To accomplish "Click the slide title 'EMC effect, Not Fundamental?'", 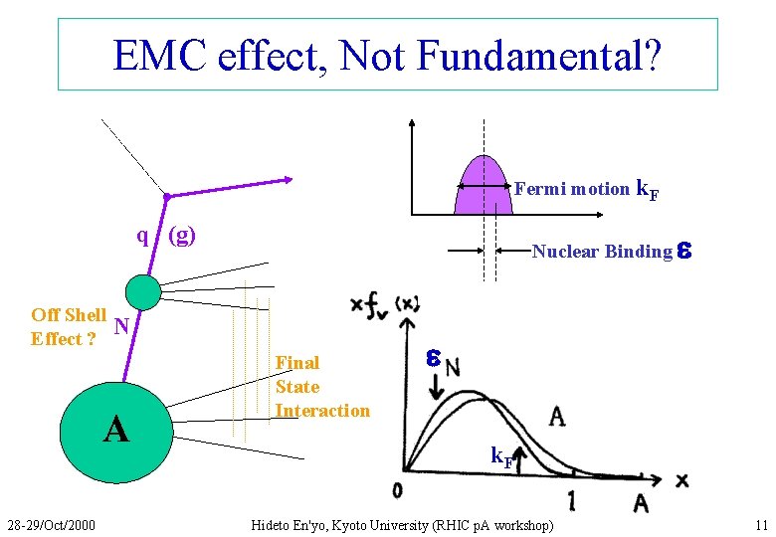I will [387, 56].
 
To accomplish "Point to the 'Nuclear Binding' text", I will [601, 252].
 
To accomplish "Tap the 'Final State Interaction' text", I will [321, 387].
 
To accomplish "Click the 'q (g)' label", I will [166, 236].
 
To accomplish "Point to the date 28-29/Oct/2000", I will [51, 524].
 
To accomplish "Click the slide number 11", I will [761, 524].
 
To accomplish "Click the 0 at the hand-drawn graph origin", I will [397, 489].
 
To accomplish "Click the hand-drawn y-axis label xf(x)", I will [383, 303].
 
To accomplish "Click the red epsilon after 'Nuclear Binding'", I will [683, 252].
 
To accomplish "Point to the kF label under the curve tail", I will [501, 458].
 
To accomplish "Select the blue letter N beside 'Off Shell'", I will [121, 325].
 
